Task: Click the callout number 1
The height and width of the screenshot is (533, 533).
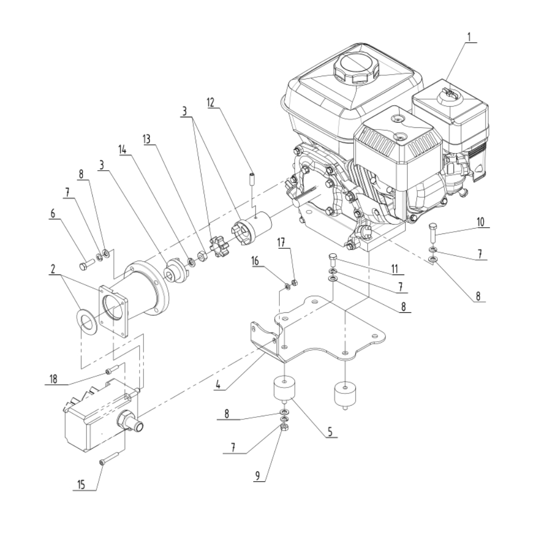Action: coord(469,37)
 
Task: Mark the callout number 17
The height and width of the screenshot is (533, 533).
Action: coord(281,244)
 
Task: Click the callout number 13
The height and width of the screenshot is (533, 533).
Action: coord(147,140)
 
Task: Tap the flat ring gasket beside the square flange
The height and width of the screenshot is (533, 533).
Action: coord(87,321)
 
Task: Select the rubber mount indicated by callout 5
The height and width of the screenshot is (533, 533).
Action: coord(285,389)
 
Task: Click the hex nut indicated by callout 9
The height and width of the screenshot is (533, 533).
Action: coord(285,427)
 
